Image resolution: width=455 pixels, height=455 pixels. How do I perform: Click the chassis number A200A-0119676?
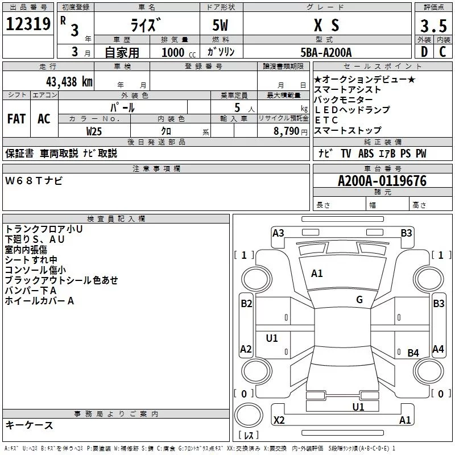click(382, 181)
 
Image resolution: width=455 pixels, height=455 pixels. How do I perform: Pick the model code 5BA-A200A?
click(326, 52)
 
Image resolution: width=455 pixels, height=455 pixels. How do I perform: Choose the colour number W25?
click(94, 131)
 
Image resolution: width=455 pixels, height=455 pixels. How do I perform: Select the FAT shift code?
click(16, 118)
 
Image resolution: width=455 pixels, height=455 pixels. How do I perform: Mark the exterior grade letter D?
click(424, 52)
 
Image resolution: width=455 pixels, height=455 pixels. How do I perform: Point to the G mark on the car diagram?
click(359, 299)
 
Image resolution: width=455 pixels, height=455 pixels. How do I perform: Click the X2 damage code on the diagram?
click(279, 420)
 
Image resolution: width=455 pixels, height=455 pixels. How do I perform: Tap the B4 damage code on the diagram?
click(413, 353)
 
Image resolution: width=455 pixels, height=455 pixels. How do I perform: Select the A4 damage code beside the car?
click(438, 349)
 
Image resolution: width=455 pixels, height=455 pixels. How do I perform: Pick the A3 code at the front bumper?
click(278, 233)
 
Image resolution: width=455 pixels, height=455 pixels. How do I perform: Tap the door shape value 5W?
click(221, 25)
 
